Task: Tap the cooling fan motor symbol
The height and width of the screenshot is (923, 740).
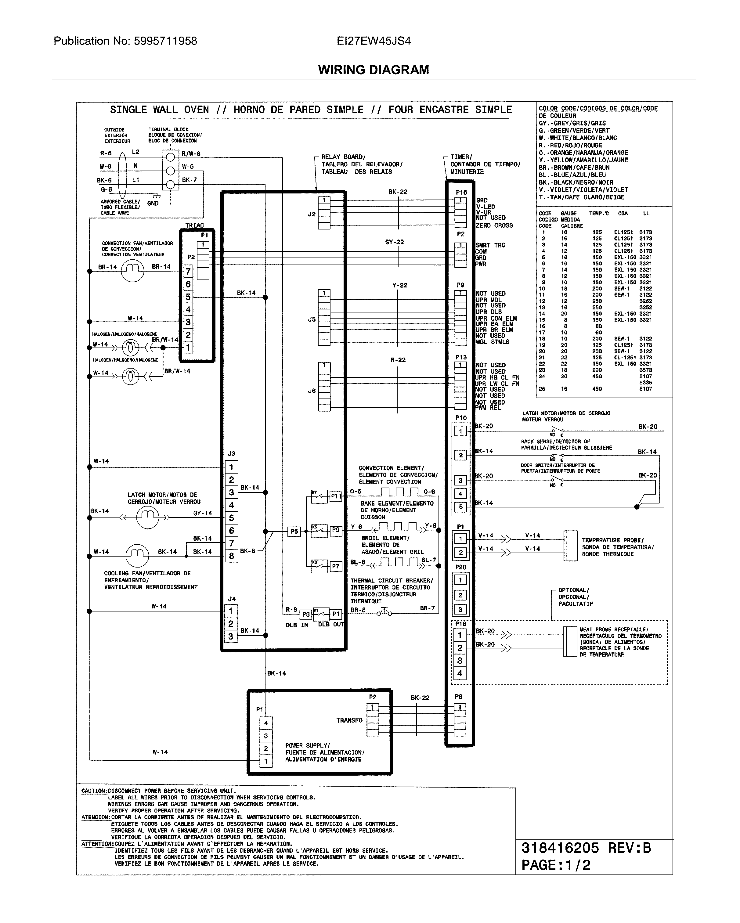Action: [x=137, y=556]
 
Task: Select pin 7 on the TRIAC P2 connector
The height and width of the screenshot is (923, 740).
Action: [x=188, y=272]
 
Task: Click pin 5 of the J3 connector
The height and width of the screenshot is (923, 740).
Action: [x=231, y=517]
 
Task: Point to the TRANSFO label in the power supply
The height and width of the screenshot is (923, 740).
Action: [x=349, y=720]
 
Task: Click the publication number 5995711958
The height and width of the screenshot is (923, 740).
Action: [x=165, y=41]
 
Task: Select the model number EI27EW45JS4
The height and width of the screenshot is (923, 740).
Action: [x=374, y=41]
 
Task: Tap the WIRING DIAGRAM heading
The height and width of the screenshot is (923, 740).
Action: [x=374, y=70]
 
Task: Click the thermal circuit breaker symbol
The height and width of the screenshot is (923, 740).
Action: [x=384, y=612]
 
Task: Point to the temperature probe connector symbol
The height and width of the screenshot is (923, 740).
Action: [x=570, y=546]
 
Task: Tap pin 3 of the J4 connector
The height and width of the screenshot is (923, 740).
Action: [x=231, y=636]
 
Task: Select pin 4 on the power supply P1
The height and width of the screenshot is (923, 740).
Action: [x=265, y=723]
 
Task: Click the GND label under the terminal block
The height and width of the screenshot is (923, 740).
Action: [x=153, y=203]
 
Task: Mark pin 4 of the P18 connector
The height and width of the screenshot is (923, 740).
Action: [x=460, y=673]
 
